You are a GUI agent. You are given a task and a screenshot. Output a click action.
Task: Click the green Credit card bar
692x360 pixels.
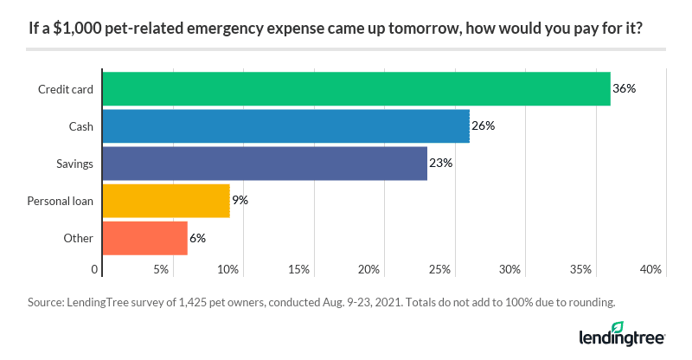pyautogui.click(x=356, y=88)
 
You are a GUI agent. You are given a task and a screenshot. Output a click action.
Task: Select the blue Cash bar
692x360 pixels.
pyautogui.click(x=285, y=125)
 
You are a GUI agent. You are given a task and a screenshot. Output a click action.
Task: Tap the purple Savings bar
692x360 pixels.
pyautogui.click(x=265, y=163)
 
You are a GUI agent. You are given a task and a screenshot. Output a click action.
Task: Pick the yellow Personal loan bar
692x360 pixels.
pyautogui.click(x=166, y=200)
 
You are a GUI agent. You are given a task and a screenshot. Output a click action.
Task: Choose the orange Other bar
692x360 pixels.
pyautogui.click(x=144, y=237)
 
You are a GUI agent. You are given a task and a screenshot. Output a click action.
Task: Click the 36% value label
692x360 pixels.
pyautogui.click(x=625, y=88)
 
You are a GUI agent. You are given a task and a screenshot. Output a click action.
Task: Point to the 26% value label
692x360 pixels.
pyautogui.click(x=484, y=125)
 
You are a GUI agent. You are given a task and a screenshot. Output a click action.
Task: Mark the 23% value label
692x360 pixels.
pyautogui.click(x=441, y=163)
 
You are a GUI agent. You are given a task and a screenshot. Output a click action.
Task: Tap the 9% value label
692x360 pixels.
pyautogui.click(x=240, y=200)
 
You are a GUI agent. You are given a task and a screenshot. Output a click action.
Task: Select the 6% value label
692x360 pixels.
pyautogui.click(x=197, y=237)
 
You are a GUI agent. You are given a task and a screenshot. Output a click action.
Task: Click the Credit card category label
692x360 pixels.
pyautogui.click(x=66, y=89)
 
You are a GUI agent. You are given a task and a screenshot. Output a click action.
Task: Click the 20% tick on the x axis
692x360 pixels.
pyautogui.click(x=368, y=270)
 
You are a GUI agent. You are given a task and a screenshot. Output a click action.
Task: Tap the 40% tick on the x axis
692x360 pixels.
pyautogui.click(x=650, y=270)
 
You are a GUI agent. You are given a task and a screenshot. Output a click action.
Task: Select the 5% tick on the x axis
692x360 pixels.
pyautogui.click(x=161, y=270)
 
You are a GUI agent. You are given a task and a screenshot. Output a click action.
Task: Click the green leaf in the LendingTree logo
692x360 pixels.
pyautogui.click(x=618, y=327)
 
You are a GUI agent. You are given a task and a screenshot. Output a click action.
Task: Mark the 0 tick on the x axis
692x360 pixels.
pyautogui.click(x=95, y=270)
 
